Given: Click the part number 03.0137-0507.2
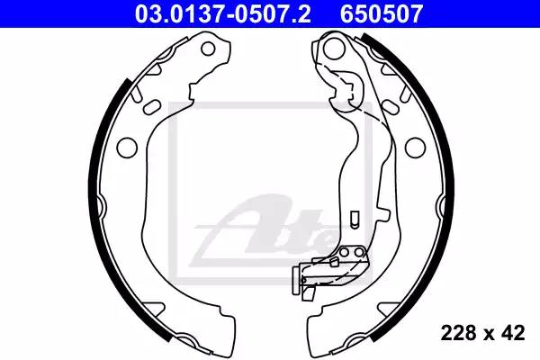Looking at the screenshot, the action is [x=223, y=13].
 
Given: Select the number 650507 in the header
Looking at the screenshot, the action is [x=382, y=13].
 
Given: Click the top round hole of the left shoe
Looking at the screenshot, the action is [x=208, y=49].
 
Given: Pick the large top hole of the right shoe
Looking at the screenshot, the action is [x=334, y=48].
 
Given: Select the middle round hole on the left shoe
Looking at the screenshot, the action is [x=127, y=148].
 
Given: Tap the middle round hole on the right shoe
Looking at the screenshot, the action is [x=415, y=148].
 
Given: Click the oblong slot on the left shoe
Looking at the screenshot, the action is [x=151, y=107].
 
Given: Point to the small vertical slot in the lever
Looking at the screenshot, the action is [x=354, y=219].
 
